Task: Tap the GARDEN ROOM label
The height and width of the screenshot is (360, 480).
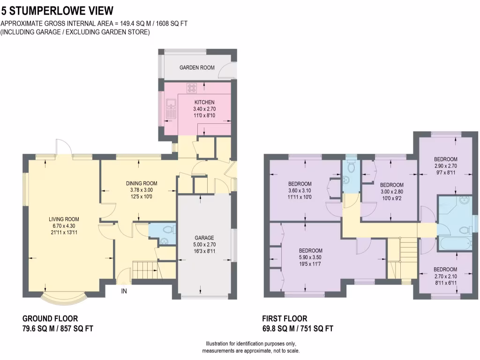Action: click(197, 67)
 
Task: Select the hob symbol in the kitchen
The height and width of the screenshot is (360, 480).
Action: click(192, 87)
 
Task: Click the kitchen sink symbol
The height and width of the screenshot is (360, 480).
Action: click(170, 109)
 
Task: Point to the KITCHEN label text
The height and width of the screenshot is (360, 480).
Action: click(204, 102)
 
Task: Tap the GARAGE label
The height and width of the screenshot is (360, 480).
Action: click(204, 238)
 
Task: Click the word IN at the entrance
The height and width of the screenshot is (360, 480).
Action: click(124, 291)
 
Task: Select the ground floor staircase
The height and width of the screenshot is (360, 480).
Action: click(144, 271)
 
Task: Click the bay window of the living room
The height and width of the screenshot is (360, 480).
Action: click(64, 296)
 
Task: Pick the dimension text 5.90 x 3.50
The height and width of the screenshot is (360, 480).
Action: click(310, 257)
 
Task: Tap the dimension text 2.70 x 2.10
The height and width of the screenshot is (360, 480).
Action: click(445, 276)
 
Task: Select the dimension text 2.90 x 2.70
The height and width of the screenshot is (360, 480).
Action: click(445, 166)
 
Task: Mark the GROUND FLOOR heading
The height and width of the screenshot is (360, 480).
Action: click(50, 318)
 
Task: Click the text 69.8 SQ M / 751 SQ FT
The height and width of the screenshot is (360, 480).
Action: click(298, 329)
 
